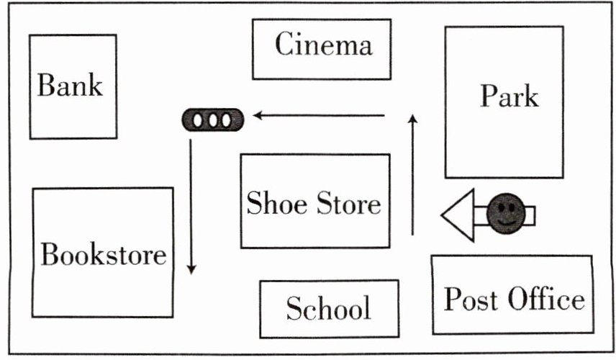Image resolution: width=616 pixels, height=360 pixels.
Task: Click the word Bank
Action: (71, 86)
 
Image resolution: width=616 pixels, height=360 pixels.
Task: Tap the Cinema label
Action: (323, 46)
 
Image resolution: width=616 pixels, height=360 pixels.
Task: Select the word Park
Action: (509, 95)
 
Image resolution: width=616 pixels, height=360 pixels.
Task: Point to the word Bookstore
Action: (103, 254)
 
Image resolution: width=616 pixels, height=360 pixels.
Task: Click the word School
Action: (328, 309)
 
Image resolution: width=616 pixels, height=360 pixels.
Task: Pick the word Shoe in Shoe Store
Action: (275, 203)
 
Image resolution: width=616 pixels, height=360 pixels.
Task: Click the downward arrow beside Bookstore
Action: (191, 206)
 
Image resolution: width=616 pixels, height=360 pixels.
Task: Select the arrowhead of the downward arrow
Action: (191, 269)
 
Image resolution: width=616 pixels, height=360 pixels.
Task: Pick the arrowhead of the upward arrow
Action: (413, 120)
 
